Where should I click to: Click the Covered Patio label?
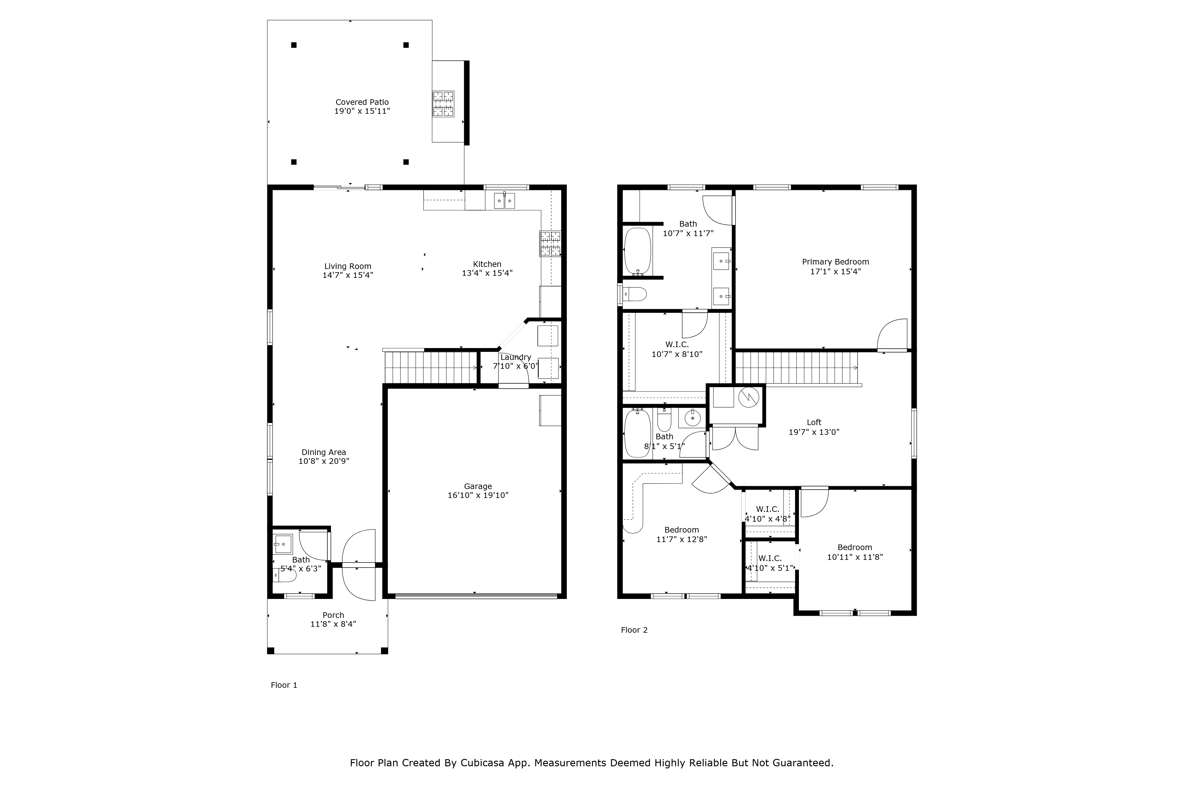coord(362,102)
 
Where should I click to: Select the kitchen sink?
coord(504,201)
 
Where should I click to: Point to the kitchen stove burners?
coord(550,243)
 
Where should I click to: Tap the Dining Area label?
coord(324,452)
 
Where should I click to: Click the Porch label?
coord(333,615)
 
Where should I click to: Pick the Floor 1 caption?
coord(284,685)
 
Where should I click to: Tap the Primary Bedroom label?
coord(836,262)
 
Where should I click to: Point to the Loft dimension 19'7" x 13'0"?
coord(814,432)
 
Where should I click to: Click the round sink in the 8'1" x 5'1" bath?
coord(693,417)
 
